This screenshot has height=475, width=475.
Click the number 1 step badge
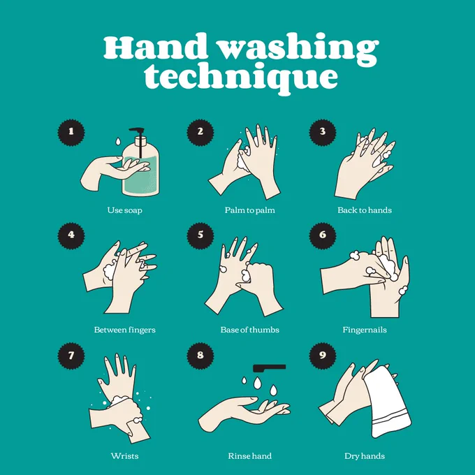pyautogui.click(x=71, y=133)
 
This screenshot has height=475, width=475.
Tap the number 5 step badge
pyautogui.click(x=200, y=235)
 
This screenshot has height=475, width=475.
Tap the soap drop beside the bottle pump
pyautogui.click(x=118, y=141)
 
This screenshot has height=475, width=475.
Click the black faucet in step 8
pyautogui.click(x=270, y=367)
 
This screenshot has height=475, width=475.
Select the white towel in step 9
pyautogui.click(x=387, y=402)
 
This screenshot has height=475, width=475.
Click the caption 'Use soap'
pyautogui.click(x=124, y=210)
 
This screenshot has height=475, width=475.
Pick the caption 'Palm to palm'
pyautogui.click(x=249, y=210)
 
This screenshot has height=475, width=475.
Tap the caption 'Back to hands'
pyautogui.click(x=365, y=210)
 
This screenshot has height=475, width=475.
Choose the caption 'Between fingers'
pyautogui.click(x=124, y=330)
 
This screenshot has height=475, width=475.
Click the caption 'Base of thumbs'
pyautogui.click(x=249, y=330)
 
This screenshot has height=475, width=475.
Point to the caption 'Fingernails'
pyautogui.click(x=365, y=330)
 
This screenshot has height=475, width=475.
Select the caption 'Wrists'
pyautogui.click(x=124, y=456)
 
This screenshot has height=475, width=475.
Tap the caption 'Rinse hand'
pyautogui.click(x=249, y=456)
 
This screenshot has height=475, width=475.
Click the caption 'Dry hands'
pyautogui.click(x=365, y=456)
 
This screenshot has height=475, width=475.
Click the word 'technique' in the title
pyautogui.click(x=241, y=78)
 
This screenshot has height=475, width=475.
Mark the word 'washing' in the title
pyautogui.click(x=298, y=48)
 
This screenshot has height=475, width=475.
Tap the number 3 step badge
pyautogui.click(x=323, y=133)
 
